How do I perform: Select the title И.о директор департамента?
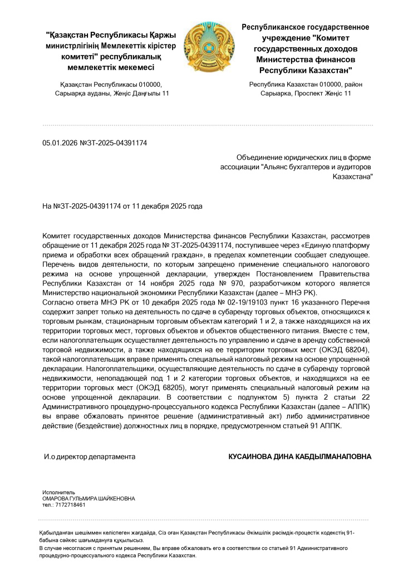pos(90,456)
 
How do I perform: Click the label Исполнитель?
pos(58,493)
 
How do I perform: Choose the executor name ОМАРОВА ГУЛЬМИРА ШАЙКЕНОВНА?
pos(89,499)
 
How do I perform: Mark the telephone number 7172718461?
pos(70,505)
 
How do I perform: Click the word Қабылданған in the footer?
pos(58,533)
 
